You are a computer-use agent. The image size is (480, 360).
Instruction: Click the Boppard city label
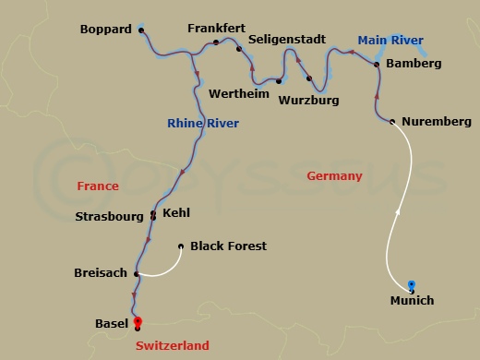click(x=105, y=30)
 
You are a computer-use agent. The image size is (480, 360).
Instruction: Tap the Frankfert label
click(x=214, y=29)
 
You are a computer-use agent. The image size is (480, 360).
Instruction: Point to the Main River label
click(x=391, y=40)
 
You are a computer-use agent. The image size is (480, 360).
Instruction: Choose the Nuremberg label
click(x=438, y=122)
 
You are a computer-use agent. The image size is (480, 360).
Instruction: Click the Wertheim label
click(x=238, y=94)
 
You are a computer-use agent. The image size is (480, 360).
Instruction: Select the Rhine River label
click(x=203, y=124)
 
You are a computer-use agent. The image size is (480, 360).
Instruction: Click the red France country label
click(x=98, y=186)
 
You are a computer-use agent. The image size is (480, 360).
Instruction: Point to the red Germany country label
click(x=333, y=176)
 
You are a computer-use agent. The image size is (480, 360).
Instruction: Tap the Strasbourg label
click(x=112, y=217)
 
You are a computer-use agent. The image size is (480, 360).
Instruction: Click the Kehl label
click(x=175, y=213)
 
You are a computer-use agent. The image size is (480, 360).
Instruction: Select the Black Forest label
click(x=228, y=246)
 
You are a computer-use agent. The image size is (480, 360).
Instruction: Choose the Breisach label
click(x=102, y=273)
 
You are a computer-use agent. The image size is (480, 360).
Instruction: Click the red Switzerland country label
click(x=173, y=346)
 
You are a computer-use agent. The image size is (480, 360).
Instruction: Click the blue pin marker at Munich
click(x=412, y=283)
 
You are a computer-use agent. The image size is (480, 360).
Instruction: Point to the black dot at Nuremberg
click(x=392, y=122)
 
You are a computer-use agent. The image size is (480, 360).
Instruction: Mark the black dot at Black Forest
click(x=180, y=246)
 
